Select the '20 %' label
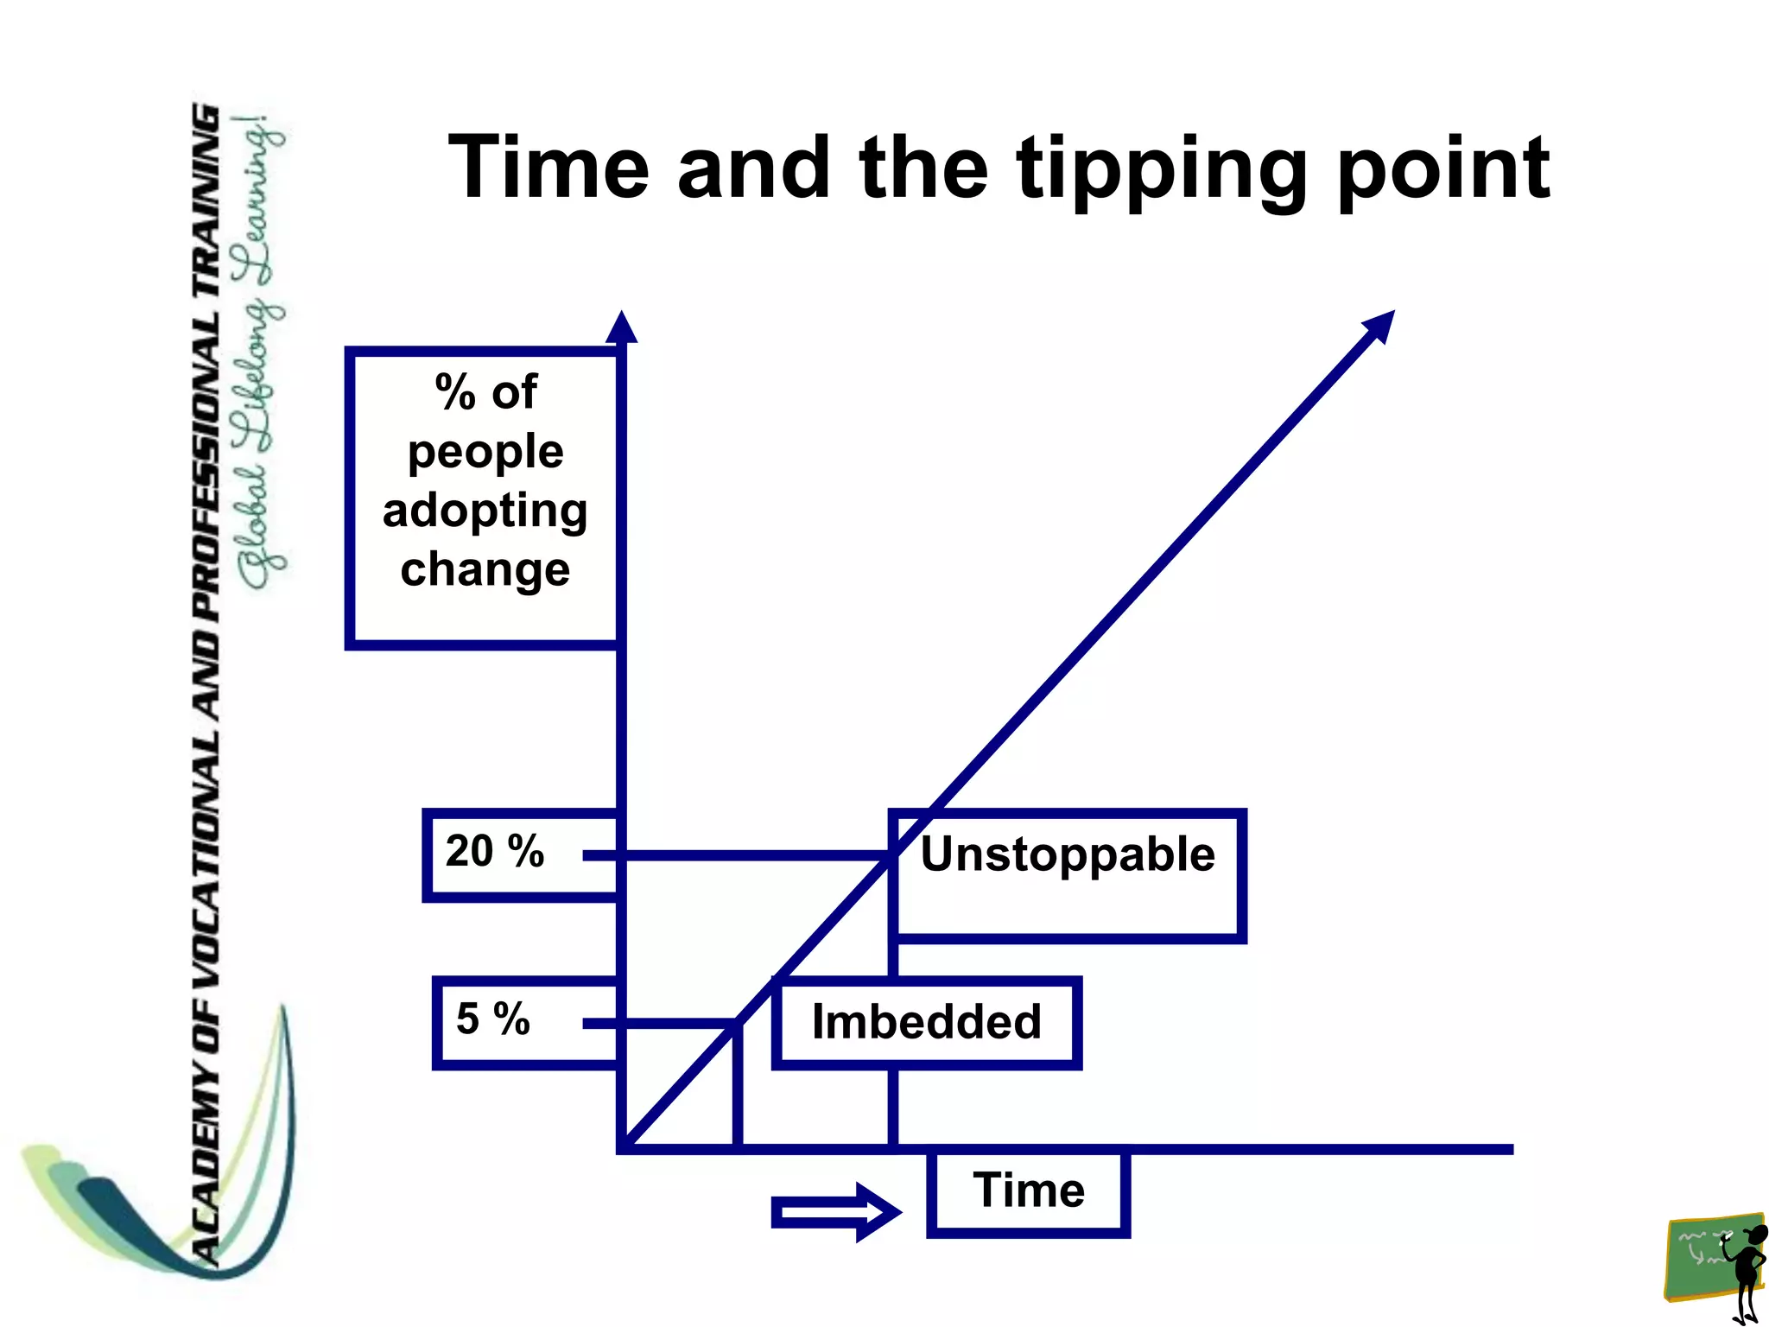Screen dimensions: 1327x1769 [x=495, y=851]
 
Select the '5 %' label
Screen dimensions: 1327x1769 [x=493, y=1019]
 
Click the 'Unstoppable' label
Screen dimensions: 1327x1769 [x=1068, y=854]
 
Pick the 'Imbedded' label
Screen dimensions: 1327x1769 [x=927, y=1022]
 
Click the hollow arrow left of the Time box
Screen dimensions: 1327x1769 [x=834, y=1212]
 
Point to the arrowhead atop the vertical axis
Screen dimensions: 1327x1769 [x=621, y=327]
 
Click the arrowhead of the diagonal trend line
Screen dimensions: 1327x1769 [x=1379, y=327]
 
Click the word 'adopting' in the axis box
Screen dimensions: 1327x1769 [x=485, y=511]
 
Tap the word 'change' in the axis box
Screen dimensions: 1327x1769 [x=485, y=569]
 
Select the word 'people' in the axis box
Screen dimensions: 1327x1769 [x=485, y=452]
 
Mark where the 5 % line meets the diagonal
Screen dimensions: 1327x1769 [x=737, y=1023]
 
